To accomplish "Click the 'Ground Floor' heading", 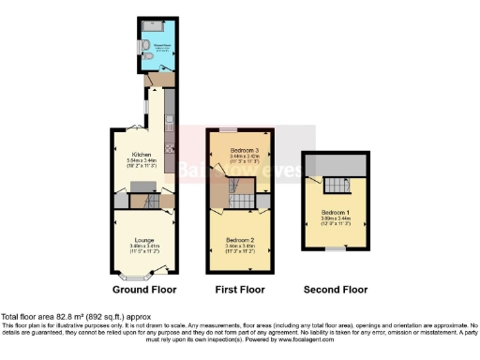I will tap(144, 290).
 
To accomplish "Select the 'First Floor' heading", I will tap(239, 290).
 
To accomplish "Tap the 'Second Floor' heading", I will tap(336, 290).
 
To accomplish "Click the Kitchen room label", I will tap(142, 154).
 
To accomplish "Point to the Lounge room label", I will tap(143, 240).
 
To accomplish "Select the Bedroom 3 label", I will tap(240, 150).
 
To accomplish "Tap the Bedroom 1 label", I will tap(335, 212).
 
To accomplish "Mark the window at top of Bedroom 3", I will tap(229, 129).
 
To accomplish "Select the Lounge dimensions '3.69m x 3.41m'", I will tap(143, 247).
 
